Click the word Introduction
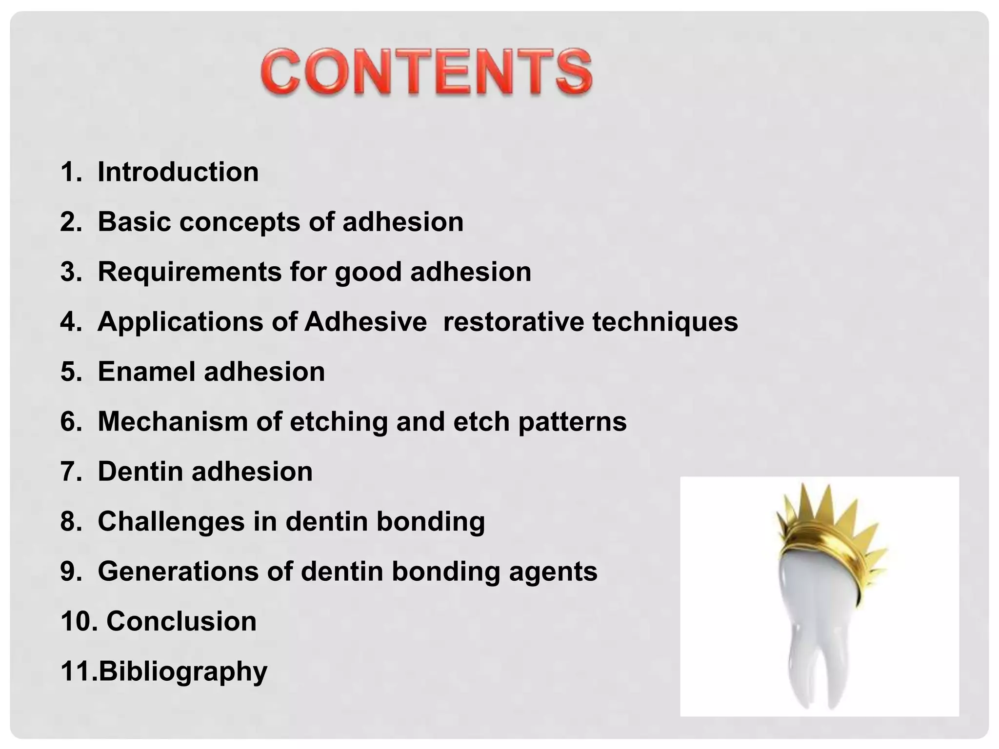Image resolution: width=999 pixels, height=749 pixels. [x=178, y=172]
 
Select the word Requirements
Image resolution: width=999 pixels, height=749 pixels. [x=190, y=272]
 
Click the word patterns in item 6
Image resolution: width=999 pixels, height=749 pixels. [x=572, y=422]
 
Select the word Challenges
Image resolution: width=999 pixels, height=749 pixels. [x=171, y=522]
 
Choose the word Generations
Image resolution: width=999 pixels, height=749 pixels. [x=178, y=571]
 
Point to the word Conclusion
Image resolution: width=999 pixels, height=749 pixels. [x=181, y=621]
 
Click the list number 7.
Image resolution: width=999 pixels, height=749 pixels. [x=69, y=472]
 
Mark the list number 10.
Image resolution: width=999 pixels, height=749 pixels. [x=76, y=621]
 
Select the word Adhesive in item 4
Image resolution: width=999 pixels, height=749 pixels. [x=365, y=322]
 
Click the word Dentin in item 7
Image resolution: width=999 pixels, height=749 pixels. [x=140, y=472]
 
